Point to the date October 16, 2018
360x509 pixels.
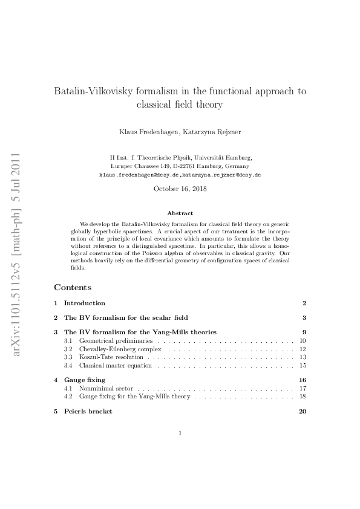pos(180,189)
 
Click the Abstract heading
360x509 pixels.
pos(180,213)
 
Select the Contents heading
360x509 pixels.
pos(73,287)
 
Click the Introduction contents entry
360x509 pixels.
pos(84,303)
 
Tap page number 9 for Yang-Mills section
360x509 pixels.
pos(304,332)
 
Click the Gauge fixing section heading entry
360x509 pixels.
pos(84,380)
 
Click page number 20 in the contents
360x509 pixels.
pos(303,411)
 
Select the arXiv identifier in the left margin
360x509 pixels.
pos(15,254)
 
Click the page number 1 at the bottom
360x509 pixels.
pos(180,432)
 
